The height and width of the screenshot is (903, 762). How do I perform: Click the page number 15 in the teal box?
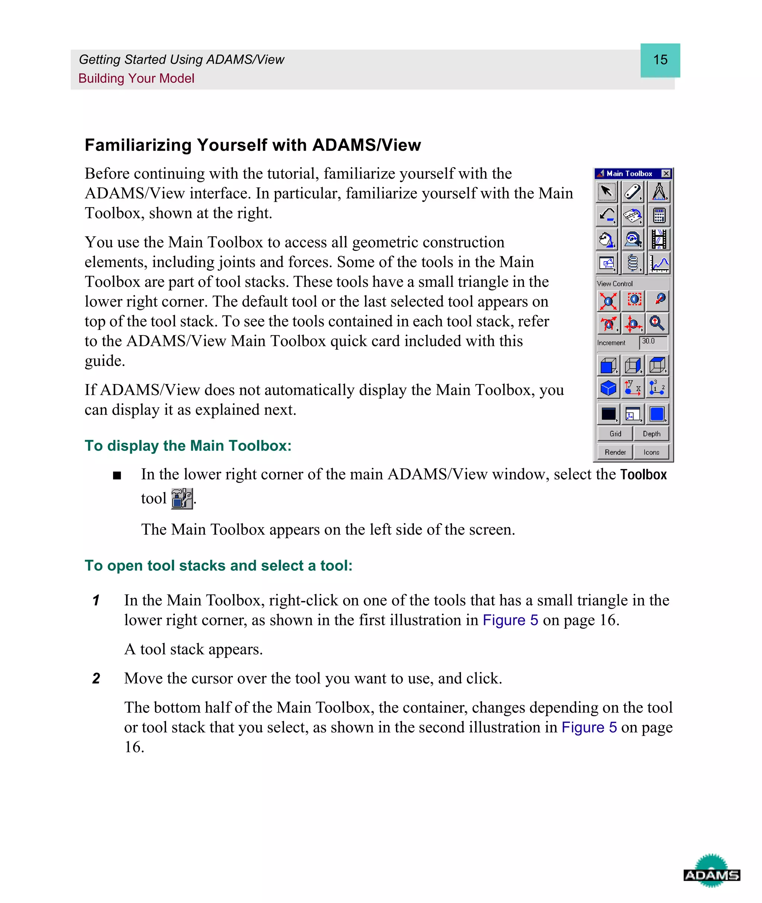[660, 60]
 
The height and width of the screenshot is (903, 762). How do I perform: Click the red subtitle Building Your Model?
[136, 79]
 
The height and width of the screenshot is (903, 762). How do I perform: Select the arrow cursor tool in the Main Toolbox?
[607, 192]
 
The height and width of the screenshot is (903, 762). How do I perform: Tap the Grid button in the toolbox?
[615, 433]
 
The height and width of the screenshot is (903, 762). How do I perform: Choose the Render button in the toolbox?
[615, 452]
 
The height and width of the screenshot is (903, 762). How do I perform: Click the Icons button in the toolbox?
[651, 452]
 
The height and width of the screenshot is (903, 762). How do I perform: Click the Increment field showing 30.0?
[653, 342]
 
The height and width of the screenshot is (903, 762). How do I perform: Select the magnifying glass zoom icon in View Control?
[657, 323]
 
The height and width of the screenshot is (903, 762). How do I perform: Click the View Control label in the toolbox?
[614, 284]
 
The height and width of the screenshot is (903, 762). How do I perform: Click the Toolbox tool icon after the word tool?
[182, 499]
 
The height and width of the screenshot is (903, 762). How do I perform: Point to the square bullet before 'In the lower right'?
[116, 476]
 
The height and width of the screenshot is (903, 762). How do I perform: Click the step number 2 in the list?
[96, 678]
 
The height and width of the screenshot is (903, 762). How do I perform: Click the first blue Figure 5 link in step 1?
[510, 620]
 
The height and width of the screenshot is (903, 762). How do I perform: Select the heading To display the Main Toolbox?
[188, 446]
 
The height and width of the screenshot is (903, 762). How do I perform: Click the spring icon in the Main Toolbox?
[633, 263]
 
